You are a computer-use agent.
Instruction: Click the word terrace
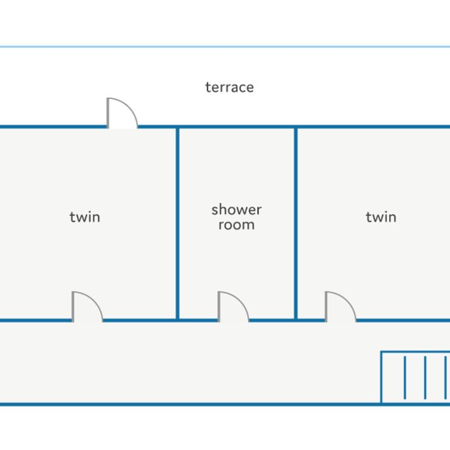click(230, 87)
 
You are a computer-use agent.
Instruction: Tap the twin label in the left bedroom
click(85, 217)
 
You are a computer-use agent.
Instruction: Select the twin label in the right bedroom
click(381, 217)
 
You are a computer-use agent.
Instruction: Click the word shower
click(237, 210)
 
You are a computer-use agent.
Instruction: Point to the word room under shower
click(237, 225)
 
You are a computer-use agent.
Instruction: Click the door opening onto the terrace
click(122, 112)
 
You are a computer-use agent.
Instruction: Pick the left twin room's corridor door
click(87, 306)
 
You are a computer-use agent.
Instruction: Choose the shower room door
click(233, 306)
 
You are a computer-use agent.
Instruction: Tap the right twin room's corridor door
click(340, 306)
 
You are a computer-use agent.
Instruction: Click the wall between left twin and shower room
click(178, 223)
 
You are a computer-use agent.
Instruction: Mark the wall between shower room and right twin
click(296, 223)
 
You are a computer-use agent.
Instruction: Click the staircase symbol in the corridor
click(415, 377)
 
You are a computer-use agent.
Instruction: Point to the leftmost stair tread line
click(405, 377)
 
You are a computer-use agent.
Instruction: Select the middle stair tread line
click(425, 377)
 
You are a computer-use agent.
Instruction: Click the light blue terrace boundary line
click(225, 46)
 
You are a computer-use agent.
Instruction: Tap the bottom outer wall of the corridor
click(225, 404)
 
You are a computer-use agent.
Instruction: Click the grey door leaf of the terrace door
click(108, 112)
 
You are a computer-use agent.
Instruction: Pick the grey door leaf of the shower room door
click(219, 306)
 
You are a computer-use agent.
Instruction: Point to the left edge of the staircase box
click(381, 377)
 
